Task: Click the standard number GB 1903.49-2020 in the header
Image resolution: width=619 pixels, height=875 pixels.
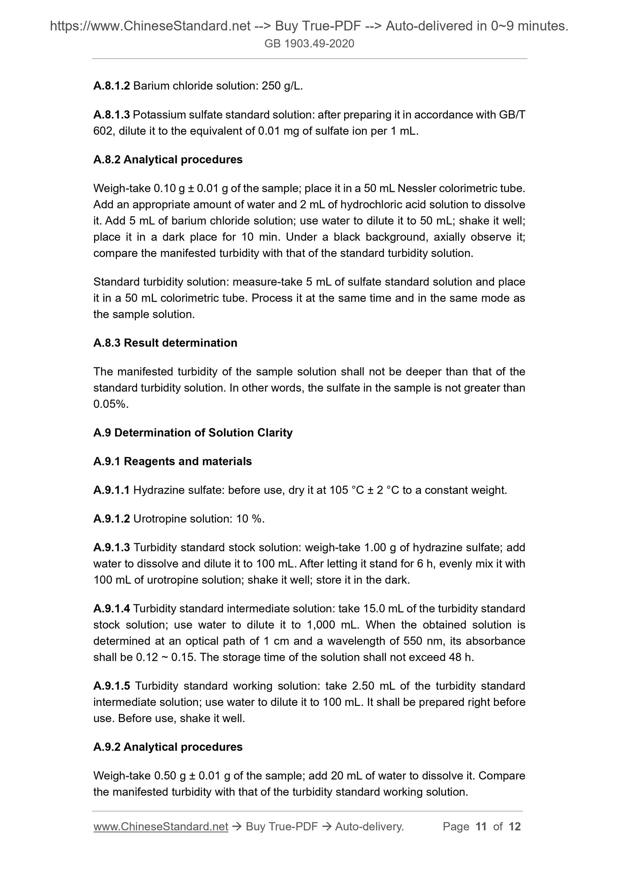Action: (x=309, y=44)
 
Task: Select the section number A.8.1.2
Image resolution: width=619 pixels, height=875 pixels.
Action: (x=111, y=86)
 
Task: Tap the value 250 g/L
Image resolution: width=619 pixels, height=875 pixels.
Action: (x=282, y=86)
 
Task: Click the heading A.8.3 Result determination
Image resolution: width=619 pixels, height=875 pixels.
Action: (x=165, y=343)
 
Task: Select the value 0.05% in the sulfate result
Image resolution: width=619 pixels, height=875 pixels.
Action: (x=111, y=404)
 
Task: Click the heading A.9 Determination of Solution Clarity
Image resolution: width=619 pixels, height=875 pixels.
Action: (x=193, y=433)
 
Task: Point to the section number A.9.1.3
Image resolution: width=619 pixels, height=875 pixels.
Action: (x=111, y=548)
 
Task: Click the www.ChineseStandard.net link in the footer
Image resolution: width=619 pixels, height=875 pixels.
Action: (x=161, y=827)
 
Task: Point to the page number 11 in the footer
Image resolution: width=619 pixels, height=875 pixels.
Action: (x=481, y=827)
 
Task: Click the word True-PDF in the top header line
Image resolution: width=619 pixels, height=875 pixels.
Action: (x=337, y=26)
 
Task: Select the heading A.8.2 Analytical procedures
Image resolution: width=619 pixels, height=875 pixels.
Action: (x=168, y=160)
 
